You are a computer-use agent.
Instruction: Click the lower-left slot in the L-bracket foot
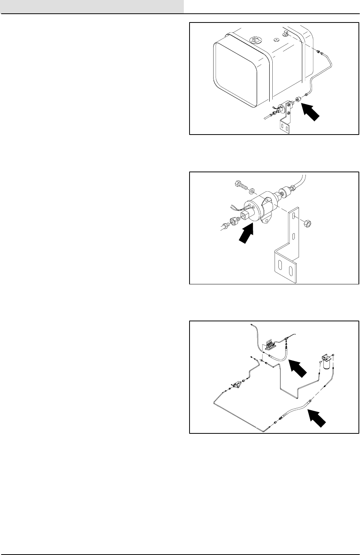(x=281, y=268)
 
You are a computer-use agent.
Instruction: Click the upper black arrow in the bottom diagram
(x=299, y=368)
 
